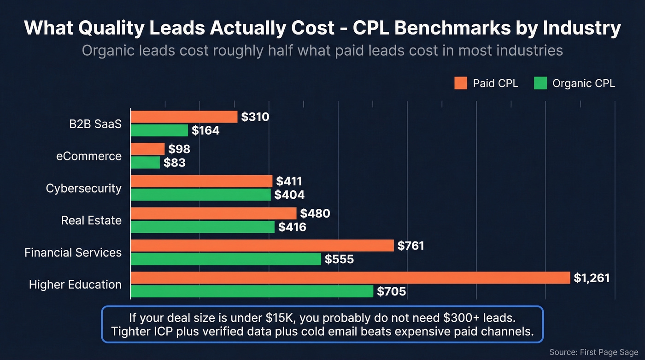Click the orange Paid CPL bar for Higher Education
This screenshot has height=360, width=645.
[350, 277]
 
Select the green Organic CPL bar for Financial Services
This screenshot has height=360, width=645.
[226, 259]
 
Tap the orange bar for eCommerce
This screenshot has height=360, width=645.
[147, 149]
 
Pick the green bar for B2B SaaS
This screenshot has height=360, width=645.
[159, 130]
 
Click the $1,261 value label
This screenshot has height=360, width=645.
[592, 278]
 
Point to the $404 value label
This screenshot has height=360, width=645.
[289, 195]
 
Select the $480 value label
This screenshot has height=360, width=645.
[315, 213]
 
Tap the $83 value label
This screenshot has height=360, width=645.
[174, 162]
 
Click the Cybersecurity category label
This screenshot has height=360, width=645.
[83, 188]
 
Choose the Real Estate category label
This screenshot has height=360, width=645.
[91, 220]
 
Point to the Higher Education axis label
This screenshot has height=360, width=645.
[75, 284]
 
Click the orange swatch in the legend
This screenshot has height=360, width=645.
[461, 83]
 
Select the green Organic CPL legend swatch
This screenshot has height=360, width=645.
[540, 83]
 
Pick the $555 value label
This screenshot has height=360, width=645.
[339, 260]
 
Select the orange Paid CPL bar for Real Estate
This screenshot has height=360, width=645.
[213, 213]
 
